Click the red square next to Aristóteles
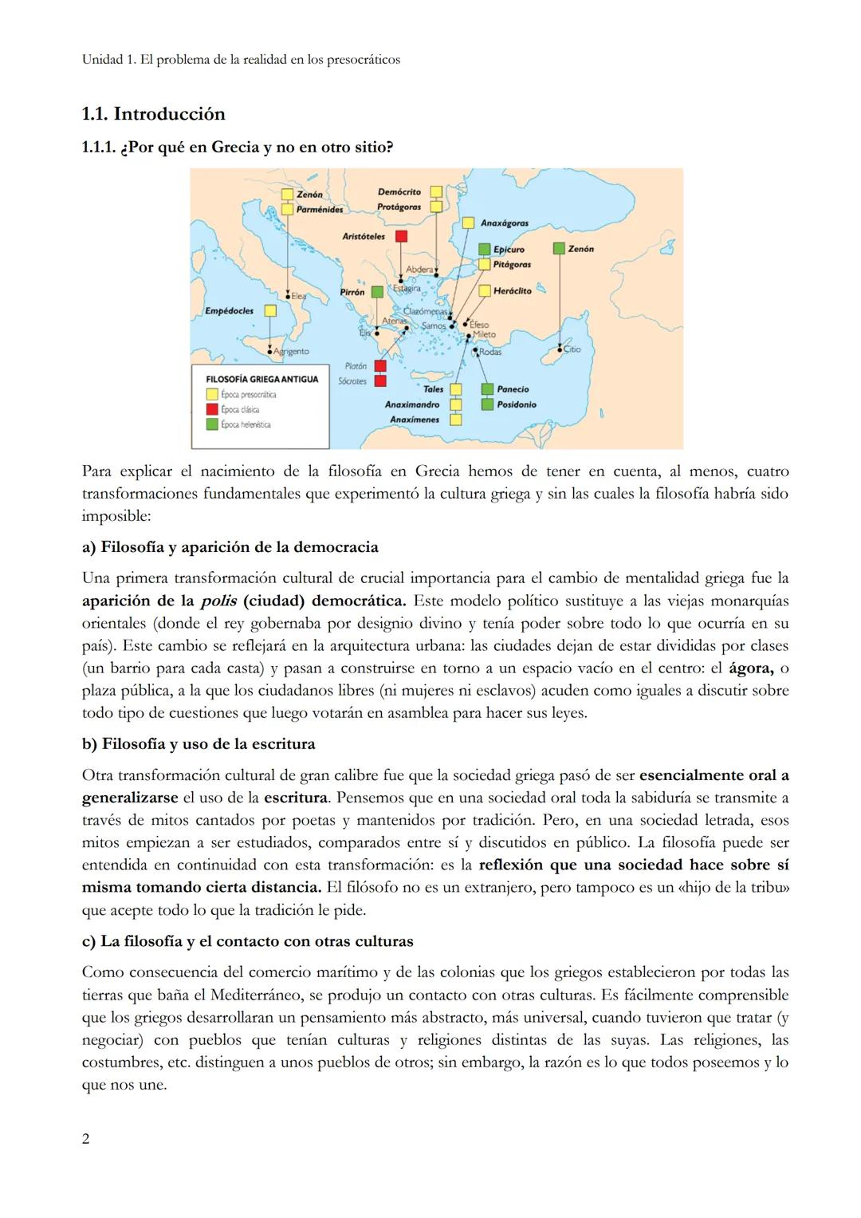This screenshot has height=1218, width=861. click(402, 236)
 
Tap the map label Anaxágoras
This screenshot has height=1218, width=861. click(504, 224)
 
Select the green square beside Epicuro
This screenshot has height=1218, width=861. click(485, 250)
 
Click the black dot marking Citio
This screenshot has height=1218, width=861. click(560, 348)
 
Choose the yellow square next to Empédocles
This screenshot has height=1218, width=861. click(270, 310)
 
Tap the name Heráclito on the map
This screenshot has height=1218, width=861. click(512, 291)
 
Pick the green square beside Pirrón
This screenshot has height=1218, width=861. click(378, 293)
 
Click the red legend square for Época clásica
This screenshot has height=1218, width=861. click(211, 409)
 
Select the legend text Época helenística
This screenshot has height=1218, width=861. click(246, 424)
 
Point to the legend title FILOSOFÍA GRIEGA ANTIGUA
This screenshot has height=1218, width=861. click(261, 379)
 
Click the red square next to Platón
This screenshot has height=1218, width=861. click(380, 366)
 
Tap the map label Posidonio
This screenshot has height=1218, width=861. click(517, 404)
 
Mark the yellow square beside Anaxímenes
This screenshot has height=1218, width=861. click(455, 420)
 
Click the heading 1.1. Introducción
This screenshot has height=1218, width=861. click(153, 114)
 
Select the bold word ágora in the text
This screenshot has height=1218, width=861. click(751, 668)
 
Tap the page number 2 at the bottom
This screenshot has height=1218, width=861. click(86, 1139)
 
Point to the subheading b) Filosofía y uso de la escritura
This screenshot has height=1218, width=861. click(199, 744)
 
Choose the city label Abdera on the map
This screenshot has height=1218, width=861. click(419, 270)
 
